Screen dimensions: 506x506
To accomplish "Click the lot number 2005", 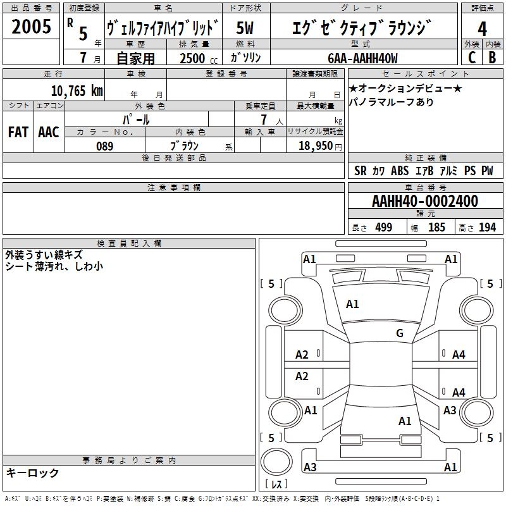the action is click(x=31, y=27).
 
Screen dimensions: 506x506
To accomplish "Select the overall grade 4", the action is click(x=482, y=29).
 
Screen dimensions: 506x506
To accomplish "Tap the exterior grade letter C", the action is click(x=472, y=58).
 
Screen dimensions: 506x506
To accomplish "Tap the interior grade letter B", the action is click(x=492, y=58).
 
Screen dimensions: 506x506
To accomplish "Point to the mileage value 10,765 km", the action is click(x=77, y=91).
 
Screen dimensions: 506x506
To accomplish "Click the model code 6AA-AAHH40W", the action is click(x=362, y=58).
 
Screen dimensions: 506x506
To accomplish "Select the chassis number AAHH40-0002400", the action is click(x=425, y=201).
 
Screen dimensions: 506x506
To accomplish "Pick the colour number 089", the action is click(x=105, y=146).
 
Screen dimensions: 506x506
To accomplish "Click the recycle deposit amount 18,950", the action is click(x=316, y=146).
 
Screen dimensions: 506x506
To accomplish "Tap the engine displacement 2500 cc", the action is click(x=199, y=58).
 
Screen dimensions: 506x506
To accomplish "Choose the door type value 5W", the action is click(x=245, y=28).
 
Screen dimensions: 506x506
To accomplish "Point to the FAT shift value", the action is click(x=18, y=132).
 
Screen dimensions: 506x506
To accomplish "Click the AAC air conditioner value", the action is click(x=49, y=132).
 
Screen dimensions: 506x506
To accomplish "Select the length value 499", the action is click(x=384, y=227).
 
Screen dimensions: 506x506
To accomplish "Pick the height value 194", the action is click(x=487, y=227).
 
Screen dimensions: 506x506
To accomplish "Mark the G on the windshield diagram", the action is click(x=400, y=333).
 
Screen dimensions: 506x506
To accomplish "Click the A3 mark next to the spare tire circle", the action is click(x=310, y=467).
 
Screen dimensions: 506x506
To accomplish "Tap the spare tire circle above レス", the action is click(x=276, y=462).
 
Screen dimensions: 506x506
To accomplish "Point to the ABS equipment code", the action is click(x=400, y=171).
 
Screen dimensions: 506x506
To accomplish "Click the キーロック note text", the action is click(x=33, y=472).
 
